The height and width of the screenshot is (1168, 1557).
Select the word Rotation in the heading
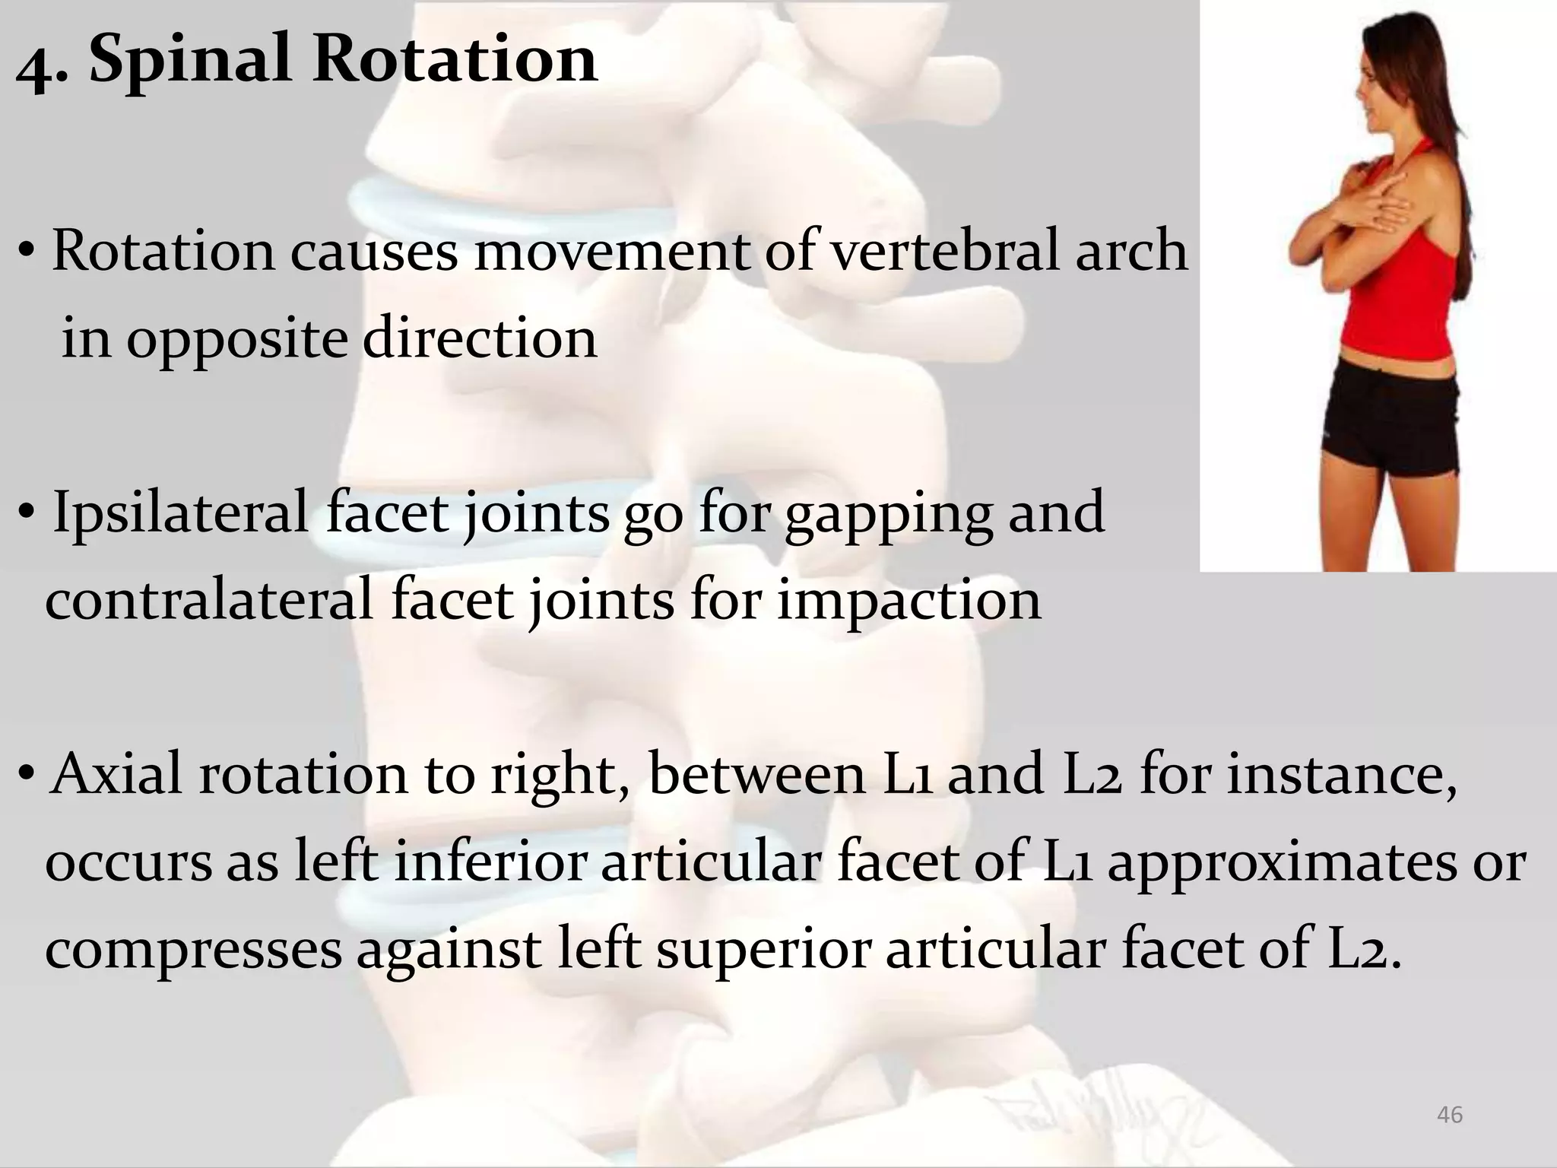tap(454, 59)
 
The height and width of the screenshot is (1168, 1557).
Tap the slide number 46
tap(1449, 1115)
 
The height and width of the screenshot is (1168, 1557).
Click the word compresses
tap(193, 952)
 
